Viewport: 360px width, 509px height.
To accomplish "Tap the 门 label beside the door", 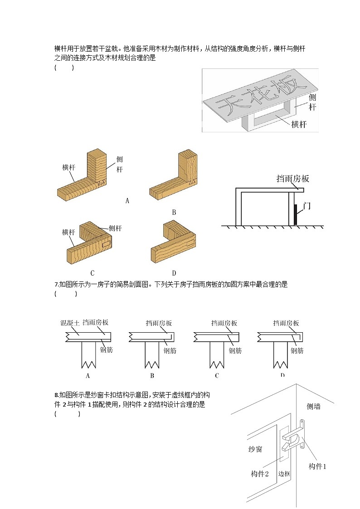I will click(x=307, y=205).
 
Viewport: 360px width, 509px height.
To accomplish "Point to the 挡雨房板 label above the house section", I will click(x=292, y=179).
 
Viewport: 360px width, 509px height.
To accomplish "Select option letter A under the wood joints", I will click(x=127, y=200).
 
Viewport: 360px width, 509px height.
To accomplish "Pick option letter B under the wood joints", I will click(x=174, y=212).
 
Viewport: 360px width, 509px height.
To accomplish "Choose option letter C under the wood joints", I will click(x=92, y=273).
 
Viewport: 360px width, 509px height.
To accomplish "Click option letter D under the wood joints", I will click(x=174, y=273).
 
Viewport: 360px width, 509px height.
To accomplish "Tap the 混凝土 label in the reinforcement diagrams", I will click(x=70, y=323).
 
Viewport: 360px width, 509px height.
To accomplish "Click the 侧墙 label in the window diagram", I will click(x=313, y=407).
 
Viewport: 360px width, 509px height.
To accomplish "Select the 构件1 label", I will click(x=317, y=466).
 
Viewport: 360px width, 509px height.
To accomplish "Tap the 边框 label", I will click(x=284, y=474).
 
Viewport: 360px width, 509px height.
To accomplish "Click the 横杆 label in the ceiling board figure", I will click(x=298, y=125).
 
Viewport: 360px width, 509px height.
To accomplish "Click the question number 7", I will click(x=56, y=285).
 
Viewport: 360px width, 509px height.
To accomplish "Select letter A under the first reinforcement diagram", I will click(x=88, y=375).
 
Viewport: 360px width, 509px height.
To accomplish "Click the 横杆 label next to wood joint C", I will click(x=68, y=232).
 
